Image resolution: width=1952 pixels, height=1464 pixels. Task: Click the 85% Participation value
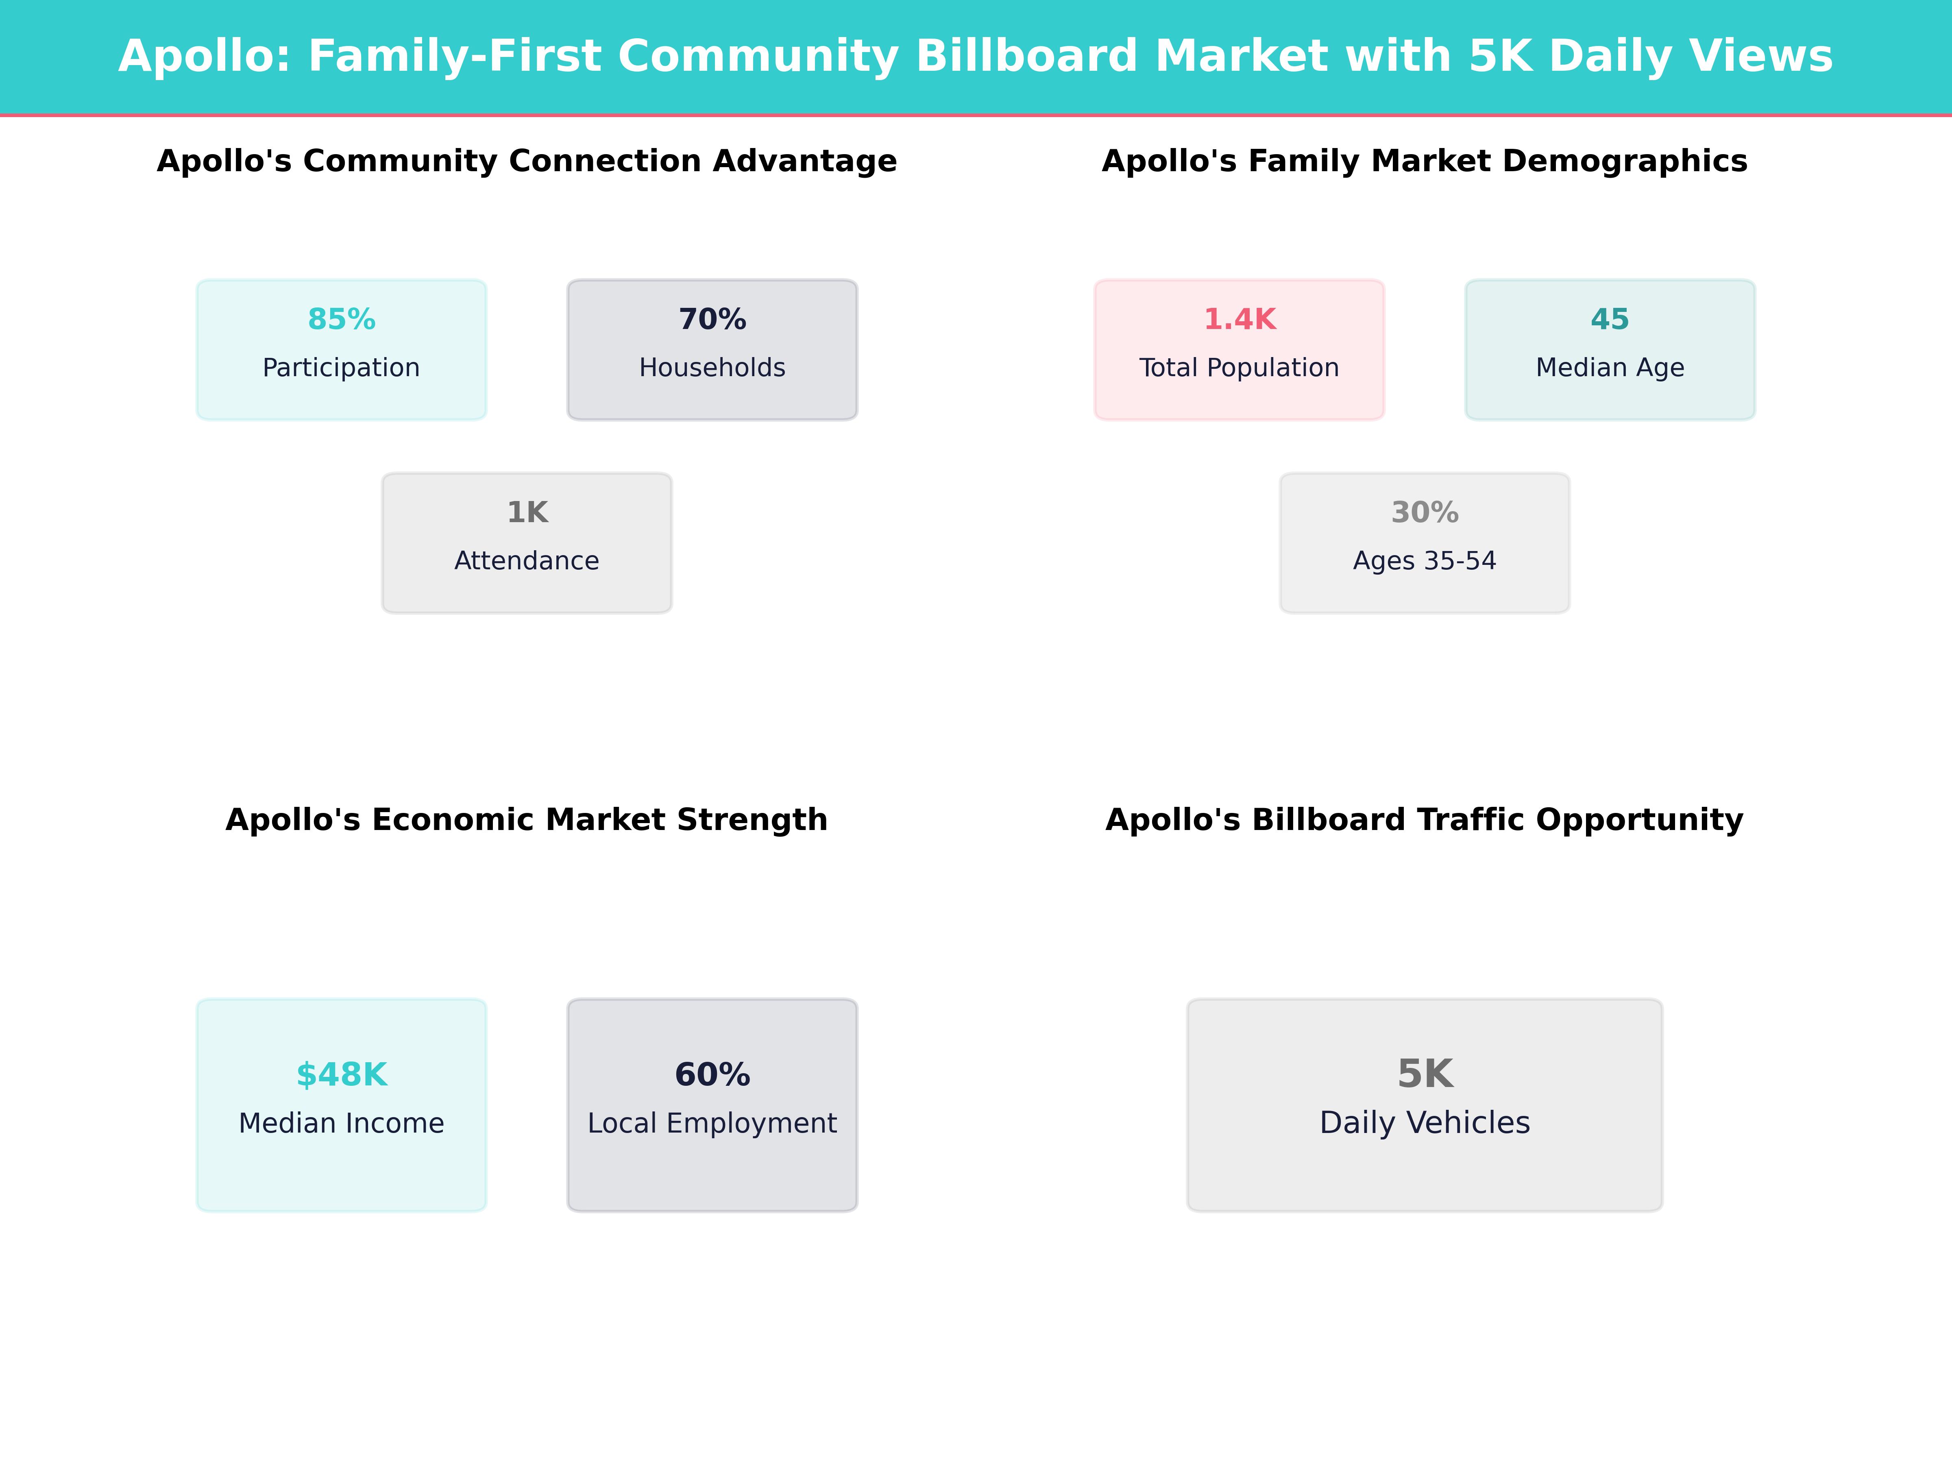(342, 320)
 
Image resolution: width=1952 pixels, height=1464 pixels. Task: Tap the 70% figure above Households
(712, 320)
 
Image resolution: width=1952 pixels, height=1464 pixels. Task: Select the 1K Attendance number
(527, 513)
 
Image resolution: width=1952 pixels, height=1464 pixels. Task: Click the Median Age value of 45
(1610, 320)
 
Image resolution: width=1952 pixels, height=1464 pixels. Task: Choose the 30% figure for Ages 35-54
(1424, 513)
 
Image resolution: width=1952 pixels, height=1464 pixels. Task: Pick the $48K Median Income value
(342, 1075)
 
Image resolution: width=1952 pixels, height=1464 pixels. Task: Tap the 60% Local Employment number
(712, 1075)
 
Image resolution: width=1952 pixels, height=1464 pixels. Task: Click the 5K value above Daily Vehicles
(1424, 1074)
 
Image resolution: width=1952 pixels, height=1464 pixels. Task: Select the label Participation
(342, 368)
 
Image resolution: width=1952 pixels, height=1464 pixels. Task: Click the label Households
(712, 368)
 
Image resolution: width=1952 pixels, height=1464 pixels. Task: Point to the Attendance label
(527, 561)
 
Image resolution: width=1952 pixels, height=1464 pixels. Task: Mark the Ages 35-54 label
(1424, 561)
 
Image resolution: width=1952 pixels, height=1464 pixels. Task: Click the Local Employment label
(712, 1123)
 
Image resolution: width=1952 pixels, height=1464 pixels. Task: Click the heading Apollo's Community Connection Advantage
(527, 161)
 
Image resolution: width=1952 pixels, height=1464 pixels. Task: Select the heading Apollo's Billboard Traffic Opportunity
(1424, 820)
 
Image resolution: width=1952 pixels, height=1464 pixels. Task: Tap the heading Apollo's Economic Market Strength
(527, 820)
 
